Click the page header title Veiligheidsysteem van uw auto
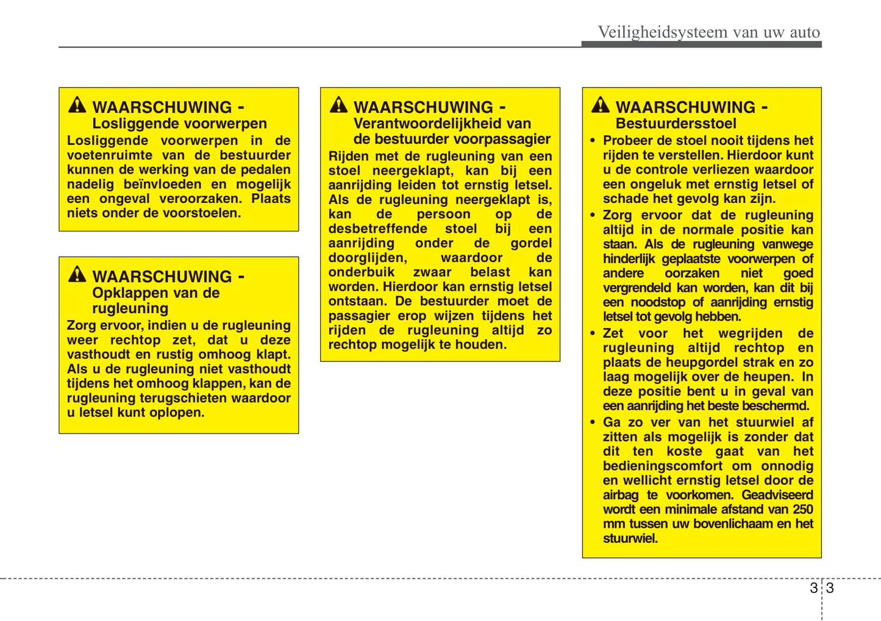click(708, 32)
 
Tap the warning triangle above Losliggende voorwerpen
click(77, 105)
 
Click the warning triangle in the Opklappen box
click(77, 275)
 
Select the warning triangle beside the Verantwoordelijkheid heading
click(339, 105)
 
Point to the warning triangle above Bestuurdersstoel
click(601, 105)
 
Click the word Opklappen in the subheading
click(126, 293)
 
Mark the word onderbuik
click(362, 272)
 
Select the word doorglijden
click(367, 258)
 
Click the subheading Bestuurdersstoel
click(676, 123)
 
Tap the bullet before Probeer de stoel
click(593, 141)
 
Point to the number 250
click(802, 509)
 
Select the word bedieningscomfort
click(663, 466)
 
